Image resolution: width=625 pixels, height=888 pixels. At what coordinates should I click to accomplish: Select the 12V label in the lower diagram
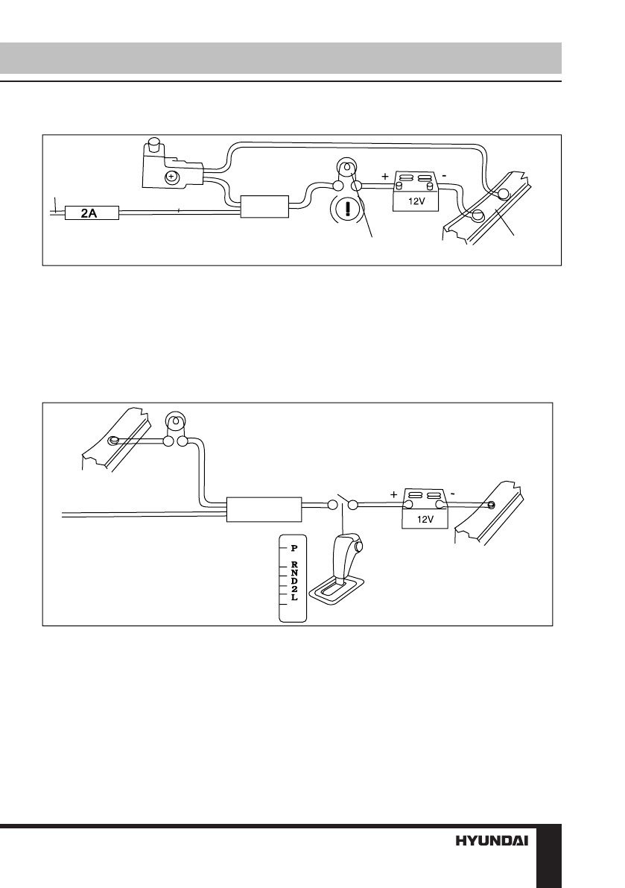(425, 520)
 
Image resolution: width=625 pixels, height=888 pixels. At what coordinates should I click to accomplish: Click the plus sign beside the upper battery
(384, 178)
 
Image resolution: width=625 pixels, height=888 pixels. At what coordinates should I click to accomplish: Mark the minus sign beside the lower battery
(452, 494)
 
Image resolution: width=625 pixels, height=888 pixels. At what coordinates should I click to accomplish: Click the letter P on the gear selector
(294, 547)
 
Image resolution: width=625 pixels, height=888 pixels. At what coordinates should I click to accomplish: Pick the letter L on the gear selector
(294, 598)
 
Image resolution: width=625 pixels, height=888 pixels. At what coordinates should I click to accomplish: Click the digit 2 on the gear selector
(294, 590)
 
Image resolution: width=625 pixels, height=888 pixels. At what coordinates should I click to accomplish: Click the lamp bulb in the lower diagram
(175, 423)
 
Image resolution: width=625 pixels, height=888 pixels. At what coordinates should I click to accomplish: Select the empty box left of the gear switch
(264, 510)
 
